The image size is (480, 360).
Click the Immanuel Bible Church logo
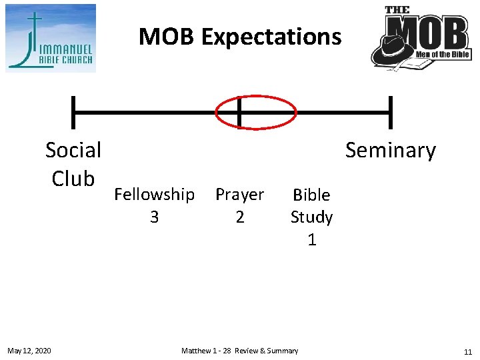pyautogui.click(x=51, y=38)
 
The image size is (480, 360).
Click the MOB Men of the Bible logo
pyautogui.click(x=421, y=38)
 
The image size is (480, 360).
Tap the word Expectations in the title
pyautogui.click(x=271, y=37)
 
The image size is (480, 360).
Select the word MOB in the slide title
pyautogui.click(x=167, y=37)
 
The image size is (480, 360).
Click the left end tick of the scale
pyautogui.click(x=73, y=112)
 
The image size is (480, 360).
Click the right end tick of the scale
pyautogui.click(x=391, y=112)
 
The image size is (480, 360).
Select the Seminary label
pyautogui.click(x=390, y=151)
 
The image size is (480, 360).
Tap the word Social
pyautogui.click(x=73, y=150)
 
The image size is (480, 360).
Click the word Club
pyautogui.click(x=73, y=178)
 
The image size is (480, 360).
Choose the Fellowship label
pyautogui.click(x=155, y=195)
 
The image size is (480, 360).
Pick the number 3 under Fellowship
pyautogui.click(x=155, y=217)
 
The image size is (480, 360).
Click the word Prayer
pyautogui.click(x=240, y=195)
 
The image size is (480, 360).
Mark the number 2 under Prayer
pyautogui.click(x=240, y=217)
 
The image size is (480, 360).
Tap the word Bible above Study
pyautogui.click(x=311, y=195)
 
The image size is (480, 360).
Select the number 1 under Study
pyautogui.click(x=311, y=239)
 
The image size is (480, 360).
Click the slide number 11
pyautogui.click(x=467, y=351)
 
